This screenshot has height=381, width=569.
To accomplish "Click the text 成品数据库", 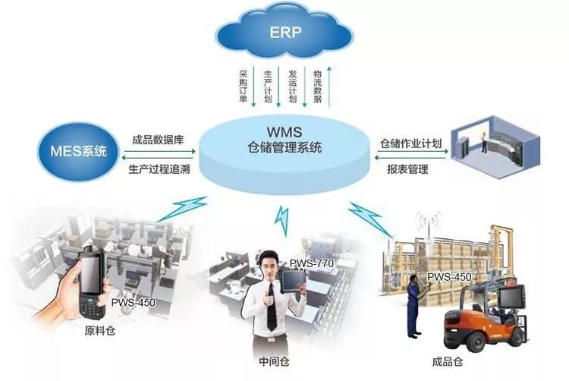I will pyautogui.click(x=158, y=140).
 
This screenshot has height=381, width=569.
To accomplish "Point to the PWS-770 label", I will pyautogui.click(x=307, y=263).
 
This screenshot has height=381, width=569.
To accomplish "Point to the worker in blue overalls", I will pyautogui.click(x=413, y=307).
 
